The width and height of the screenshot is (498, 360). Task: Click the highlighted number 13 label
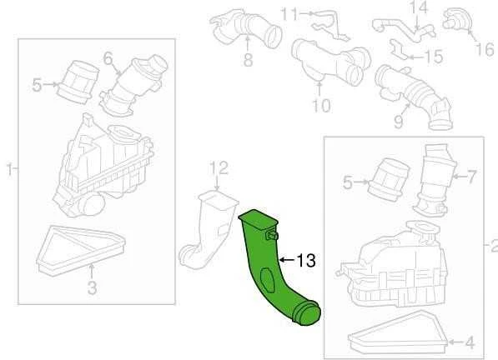pos(306,260)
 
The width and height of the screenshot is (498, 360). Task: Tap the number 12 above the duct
pos(219,167)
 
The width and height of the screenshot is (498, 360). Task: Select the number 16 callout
pos(485,50)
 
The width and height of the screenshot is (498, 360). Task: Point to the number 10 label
pos(321,105)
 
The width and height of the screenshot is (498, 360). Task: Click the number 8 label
pos(248,59)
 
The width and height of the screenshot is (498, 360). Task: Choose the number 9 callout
pos(399,121)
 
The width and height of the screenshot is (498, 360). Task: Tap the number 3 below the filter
pos(92,287)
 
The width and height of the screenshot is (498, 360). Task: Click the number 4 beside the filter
pos(470,342)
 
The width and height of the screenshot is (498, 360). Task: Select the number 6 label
pos(108,58)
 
